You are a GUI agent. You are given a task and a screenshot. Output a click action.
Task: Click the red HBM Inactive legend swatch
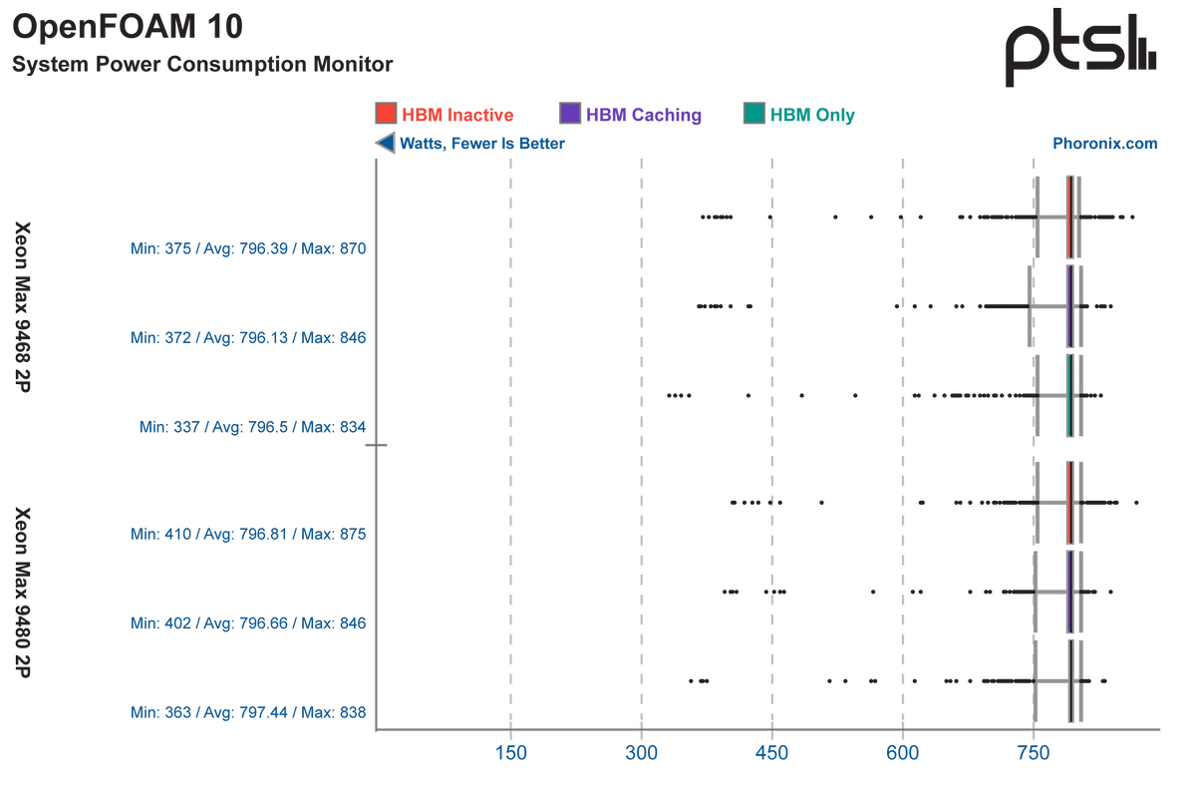385,114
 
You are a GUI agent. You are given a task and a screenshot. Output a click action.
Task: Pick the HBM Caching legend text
644,115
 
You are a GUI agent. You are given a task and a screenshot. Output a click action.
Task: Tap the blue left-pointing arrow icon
385,144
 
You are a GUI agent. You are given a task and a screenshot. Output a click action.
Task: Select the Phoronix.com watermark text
1105,144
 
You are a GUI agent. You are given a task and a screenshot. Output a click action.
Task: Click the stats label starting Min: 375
249,247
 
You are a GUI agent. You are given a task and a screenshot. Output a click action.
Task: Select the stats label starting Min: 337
253,427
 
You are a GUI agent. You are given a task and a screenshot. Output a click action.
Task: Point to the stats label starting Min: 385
249,713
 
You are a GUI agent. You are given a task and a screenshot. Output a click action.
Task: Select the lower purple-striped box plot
1069,592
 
